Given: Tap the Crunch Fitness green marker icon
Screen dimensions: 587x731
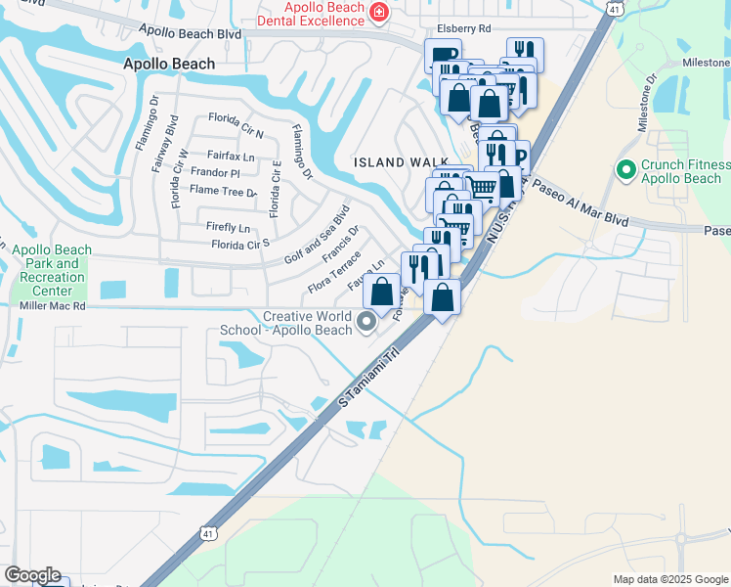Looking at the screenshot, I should (x=626, y=170).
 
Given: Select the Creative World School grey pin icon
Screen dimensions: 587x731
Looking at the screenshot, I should (x=368, y=321).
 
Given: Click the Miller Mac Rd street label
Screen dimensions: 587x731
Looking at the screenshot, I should (x=53, y=306).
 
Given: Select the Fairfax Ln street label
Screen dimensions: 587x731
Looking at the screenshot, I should (x=231, y=156).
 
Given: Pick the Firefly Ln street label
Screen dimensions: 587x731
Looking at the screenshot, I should (x=228, y=227).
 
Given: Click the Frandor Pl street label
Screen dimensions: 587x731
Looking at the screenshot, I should (x=216, y=172).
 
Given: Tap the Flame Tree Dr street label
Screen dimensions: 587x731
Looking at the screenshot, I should (x=225, y=192).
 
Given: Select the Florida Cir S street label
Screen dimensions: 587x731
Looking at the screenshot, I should (x=240, y=245).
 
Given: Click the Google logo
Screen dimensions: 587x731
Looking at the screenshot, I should (x=32, y=575).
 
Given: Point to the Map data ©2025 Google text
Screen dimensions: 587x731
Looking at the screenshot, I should (x=669, y=579).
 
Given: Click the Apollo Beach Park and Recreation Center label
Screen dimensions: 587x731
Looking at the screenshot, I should (x=51, y=270).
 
